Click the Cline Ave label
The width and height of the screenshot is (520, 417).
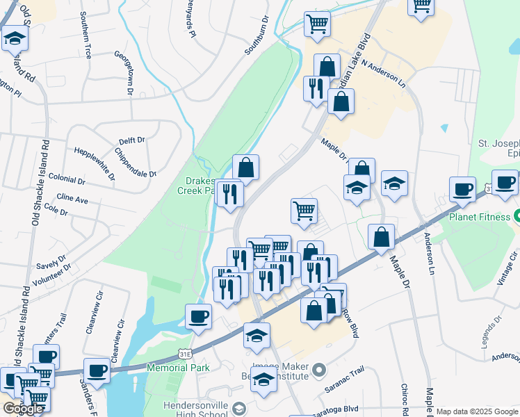(x=72, y=199)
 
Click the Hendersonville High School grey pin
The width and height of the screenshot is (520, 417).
(x=239, y=408)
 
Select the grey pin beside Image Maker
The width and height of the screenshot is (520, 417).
(x=319, y=368)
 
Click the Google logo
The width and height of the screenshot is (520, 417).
(x=22, y=409)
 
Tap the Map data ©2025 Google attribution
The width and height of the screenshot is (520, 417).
(x=478, y=411)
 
